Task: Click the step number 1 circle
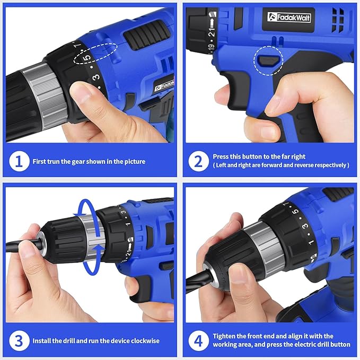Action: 19,161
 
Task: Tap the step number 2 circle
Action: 198,161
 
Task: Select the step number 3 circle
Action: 19,340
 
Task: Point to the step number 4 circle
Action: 198,340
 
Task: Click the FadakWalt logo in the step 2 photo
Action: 289,17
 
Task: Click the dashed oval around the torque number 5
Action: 95,55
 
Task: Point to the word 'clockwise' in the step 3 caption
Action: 145,340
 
